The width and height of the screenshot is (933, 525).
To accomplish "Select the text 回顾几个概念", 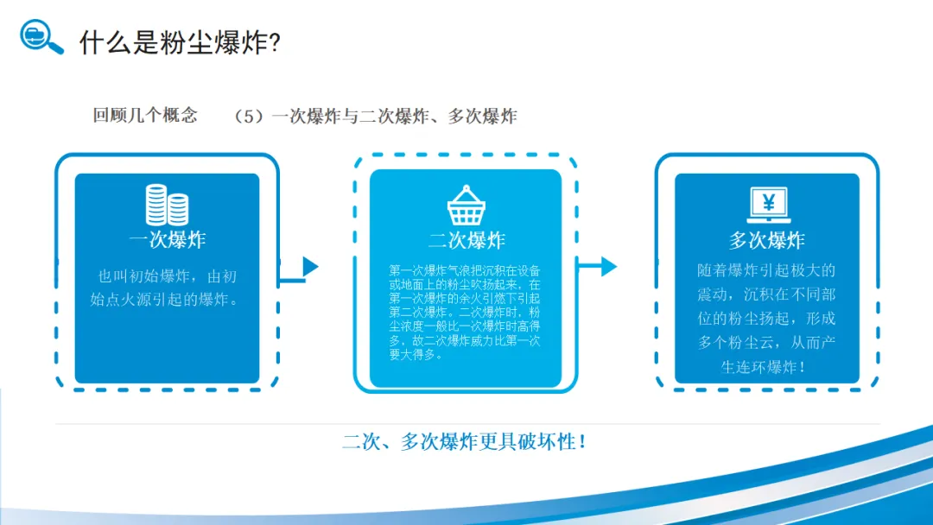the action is [145, 115].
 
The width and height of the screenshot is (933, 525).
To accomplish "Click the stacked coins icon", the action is [167, 205].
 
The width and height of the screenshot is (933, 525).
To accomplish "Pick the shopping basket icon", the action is [466, 205].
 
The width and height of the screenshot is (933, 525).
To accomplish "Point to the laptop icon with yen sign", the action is [768, 206].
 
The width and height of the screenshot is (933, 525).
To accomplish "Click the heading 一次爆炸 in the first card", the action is [167, 239].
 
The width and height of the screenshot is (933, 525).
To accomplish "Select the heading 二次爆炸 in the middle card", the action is [466, 239].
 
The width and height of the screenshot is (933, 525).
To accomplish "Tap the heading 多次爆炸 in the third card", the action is [767, 239].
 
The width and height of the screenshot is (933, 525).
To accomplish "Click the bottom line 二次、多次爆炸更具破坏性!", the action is [466, 442].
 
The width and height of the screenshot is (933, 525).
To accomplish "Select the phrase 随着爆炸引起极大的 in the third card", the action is [766, 270].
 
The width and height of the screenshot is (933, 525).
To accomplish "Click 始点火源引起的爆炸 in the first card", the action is [161, 300].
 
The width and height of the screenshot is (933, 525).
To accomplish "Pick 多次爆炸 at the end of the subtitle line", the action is [482, 116].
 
